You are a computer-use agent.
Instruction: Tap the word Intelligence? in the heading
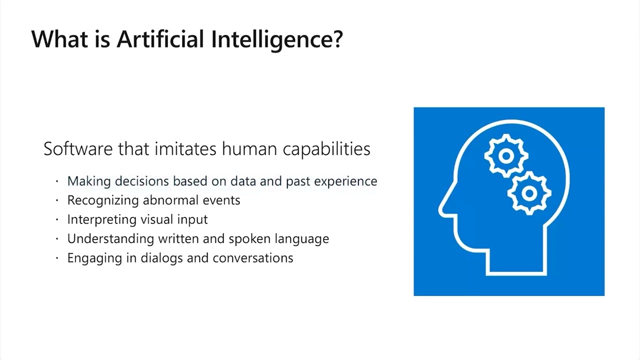276,39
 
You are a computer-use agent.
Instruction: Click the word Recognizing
103,200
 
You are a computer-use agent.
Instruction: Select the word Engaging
90,258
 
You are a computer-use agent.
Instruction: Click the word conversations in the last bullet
252,258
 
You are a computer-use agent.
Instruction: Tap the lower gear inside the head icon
529,192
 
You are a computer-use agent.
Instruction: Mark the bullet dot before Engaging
57,258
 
